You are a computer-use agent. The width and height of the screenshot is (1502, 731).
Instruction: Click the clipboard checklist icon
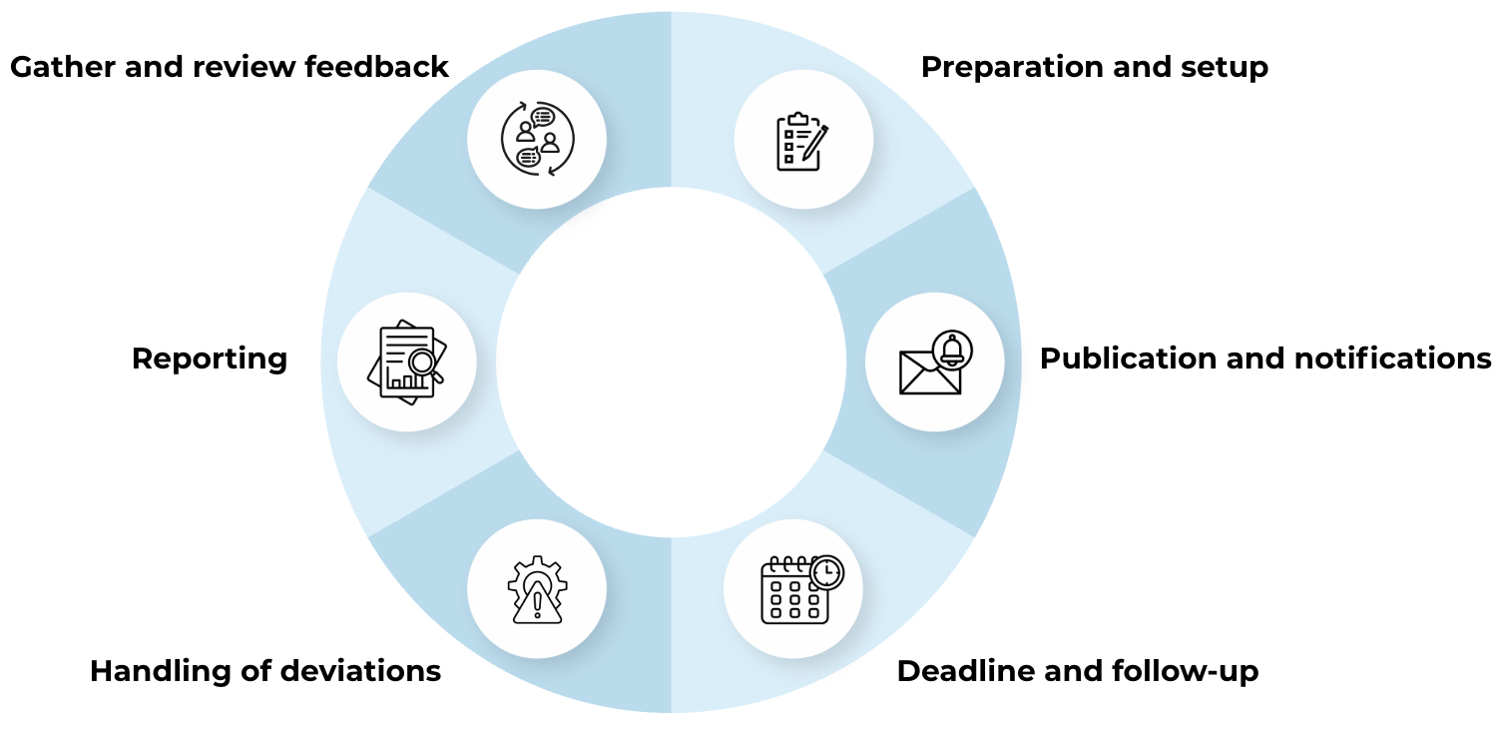(x=802, y=141)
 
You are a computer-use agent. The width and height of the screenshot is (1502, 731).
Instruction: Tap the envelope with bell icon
(x=935, y=362)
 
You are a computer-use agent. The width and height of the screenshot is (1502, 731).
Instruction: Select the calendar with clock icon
(x=802, y=589)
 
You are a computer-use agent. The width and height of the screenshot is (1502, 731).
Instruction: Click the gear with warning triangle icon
(x=537, y=589)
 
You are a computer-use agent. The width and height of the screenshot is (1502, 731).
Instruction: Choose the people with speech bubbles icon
(x=537, y=139)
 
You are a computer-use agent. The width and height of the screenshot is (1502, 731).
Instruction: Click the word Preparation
(x=1012, y=68)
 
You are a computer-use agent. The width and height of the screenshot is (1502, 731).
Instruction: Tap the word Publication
(x=1128, y=359)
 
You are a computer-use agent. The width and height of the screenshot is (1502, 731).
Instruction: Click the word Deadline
(x=966, y=671)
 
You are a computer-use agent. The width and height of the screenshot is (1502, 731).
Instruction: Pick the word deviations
(x=360, y=671)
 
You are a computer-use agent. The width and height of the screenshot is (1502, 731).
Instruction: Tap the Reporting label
(x=210, y=360)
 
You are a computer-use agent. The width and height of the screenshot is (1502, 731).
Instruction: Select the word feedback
(x=376, y=67)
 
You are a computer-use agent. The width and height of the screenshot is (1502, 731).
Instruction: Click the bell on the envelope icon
(x=952, y=351)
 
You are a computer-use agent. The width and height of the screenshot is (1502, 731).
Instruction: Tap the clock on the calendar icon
(x=826, y=572)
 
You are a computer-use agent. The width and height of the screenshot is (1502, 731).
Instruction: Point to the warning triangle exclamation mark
(x=537, y=604)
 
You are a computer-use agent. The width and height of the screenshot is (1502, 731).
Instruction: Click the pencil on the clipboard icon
(x=815, y=143)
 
